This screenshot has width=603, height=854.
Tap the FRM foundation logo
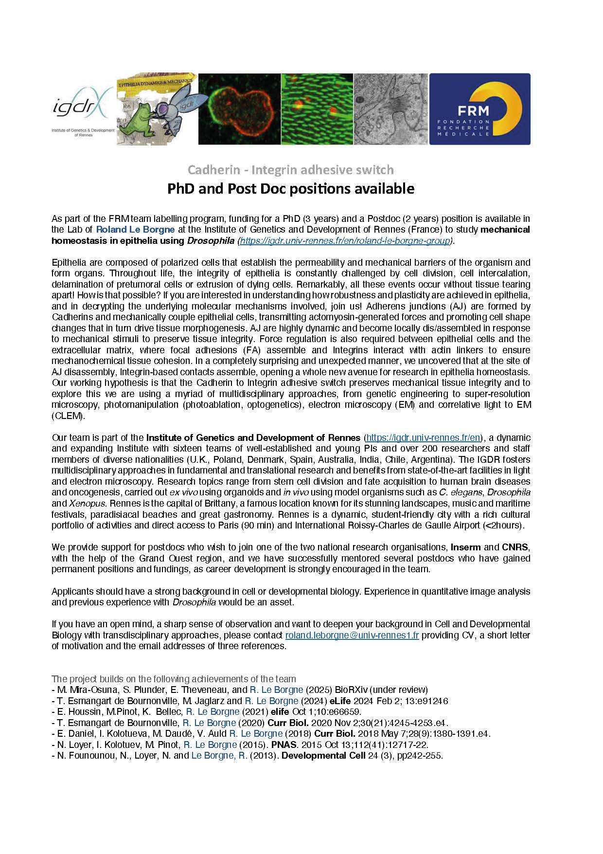[479, 109]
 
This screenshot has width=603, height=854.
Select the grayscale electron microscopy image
[390, 109]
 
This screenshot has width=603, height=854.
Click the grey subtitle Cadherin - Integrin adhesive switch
[290, 170]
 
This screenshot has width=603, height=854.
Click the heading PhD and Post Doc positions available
[290, 188]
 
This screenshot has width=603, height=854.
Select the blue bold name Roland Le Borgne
[135, 229]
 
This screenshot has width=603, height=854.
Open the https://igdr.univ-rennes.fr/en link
[423, 437]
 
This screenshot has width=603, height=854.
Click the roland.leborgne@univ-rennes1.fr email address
[352, 635]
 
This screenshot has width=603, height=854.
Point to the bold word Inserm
[465, 547]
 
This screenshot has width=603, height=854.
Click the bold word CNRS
[514, 547]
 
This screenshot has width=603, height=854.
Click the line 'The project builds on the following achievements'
[174, 679]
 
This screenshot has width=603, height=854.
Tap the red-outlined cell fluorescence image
[239, 109]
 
